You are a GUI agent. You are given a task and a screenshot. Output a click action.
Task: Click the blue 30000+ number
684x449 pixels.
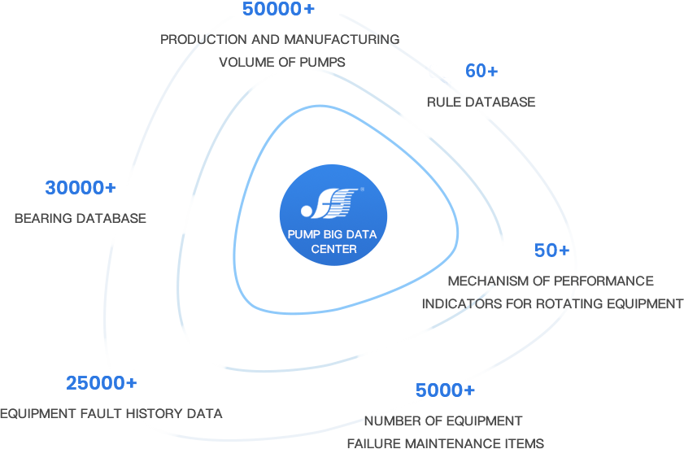click(x=80, y=188)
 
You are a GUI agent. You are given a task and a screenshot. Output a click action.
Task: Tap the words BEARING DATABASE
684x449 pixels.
click(x=80, y=219)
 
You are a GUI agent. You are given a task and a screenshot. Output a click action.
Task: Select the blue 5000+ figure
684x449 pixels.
click(x=445, y=390)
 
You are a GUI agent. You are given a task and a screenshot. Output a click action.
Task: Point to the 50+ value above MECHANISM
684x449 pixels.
click(x=551, y=251)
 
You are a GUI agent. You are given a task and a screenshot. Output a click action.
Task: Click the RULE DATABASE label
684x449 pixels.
click(x=481, y=102)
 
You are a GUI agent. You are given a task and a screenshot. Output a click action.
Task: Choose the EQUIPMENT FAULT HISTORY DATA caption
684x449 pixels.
click(x=111, y=413)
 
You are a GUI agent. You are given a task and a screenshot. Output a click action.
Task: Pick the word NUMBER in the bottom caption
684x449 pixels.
click(x=390, y=421)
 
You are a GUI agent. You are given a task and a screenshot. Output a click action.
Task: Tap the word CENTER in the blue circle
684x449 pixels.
click(x=333, y=249)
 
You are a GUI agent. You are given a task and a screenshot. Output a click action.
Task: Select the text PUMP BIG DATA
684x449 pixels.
click(x=333, y=235)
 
